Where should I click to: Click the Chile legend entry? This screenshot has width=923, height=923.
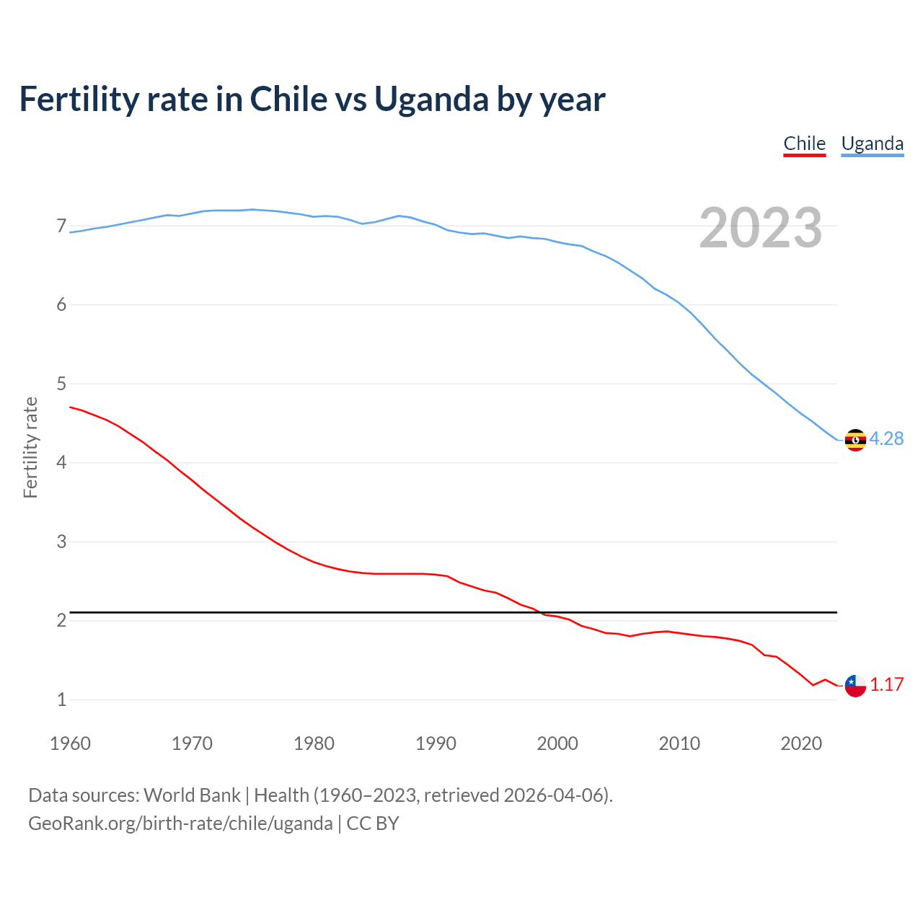[804, 143]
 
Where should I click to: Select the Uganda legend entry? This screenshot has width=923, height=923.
[872, 143]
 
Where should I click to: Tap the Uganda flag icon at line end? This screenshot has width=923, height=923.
[855, 439]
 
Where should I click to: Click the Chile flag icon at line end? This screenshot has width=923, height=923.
[855, 686]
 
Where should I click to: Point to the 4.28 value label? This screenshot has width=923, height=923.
[886, 438]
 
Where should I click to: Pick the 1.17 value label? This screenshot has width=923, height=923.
[886, 685]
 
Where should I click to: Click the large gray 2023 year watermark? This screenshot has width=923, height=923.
[760, 228]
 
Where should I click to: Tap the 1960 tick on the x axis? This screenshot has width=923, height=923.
[70, 743]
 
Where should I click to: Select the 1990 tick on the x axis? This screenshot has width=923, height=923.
[436, 743]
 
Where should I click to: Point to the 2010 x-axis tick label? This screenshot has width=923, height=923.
[679, 743]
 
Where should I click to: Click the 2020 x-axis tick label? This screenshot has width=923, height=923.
[801, 743]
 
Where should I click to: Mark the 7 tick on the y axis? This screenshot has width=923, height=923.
[61, 226]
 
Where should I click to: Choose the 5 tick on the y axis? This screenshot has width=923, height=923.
[61, 384]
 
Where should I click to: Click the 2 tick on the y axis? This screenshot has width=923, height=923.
[61, 621]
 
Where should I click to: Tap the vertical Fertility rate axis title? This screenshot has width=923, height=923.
[30, 447]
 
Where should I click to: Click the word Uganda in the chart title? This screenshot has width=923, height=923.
[430, 100]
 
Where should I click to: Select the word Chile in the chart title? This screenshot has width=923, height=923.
[288, 100]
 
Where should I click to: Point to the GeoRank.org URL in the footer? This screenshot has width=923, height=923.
[180, 823]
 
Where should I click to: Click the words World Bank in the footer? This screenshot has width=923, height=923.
[192, 795]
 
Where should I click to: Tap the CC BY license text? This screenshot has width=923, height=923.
[373, 823]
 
